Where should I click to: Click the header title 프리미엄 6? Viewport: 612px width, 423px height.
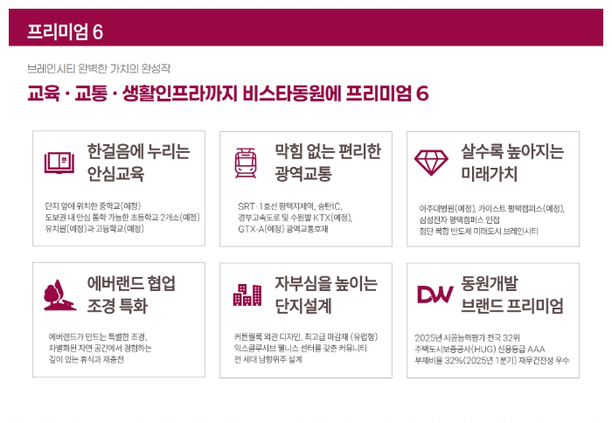[x=66, y=32]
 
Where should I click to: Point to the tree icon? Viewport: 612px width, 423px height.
[x=60, y=295]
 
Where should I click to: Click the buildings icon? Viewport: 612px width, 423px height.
[x=247, y=295]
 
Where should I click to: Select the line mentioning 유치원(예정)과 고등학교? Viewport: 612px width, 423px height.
[x=94, y=229]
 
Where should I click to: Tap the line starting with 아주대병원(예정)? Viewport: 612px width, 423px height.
[x=492, y=209]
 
